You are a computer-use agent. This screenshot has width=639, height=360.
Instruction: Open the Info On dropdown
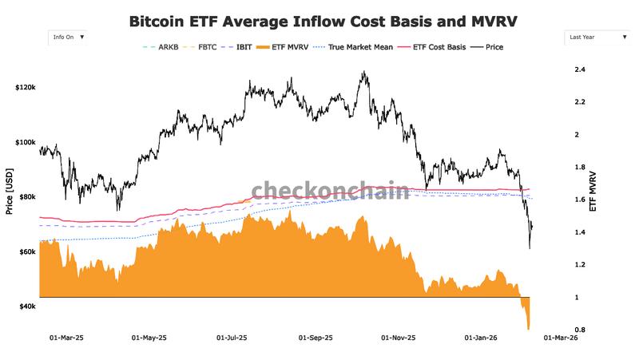68,37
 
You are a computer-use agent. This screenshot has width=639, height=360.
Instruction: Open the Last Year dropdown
597,37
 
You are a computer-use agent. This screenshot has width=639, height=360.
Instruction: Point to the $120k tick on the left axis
26,86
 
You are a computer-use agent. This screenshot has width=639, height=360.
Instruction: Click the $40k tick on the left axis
28,307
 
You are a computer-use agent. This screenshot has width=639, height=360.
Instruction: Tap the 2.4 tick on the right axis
580,70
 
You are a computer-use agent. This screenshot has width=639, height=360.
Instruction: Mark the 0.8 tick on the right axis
580,330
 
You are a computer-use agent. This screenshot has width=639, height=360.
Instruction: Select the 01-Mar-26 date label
561,338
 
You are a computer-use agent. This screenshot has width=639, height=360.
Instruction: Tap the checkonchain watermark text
331,190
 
